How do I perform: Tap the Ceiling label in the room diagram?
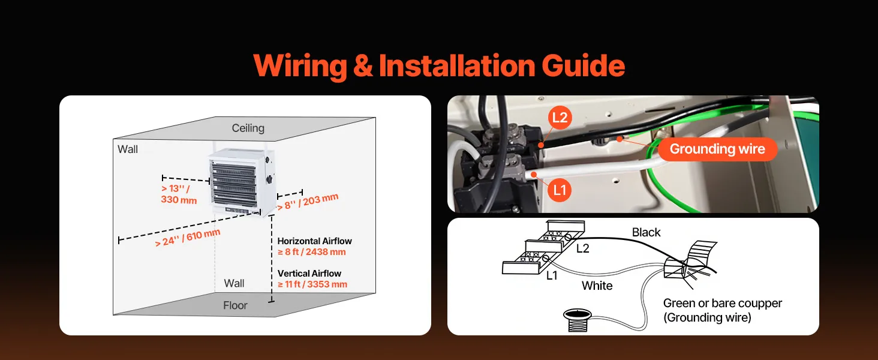pyautogui.click(x=248, y=128)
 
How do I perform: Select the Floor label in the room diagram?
pyautogui.click(x=235, y=305)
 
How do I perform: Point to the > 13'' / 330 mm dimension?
pyautogui.click(x=179, y=194)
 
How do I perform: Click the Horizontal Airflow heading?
pyautogui.click(x=314, y=241)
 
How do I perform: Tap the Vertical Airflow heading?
pyautogui.click(x=309, y=274)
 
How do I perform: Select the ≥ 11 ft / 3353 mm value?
pyautogui.click(x=312, y=284)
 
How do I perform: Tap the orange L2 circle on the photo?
pyautogui.click(x=559, y=118)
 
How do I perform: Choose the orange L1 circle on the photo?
pyautogui.click(x=559, y=190)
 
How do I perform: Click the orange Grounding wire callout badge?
pyautogui.click(x=717, y=149)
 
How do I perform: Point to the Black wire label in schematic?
pyautogui.click(x=646, y=233)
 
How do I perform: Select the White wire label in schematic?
pyautogui.click(x=597, y=286)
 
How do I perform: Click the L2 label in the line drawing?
pyautogui.click(x=582, y=248)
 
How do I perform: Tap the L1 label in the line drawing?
pyautogui.click(x=552, y=275)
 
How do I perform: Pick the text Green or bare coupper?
pyautogui.click(x=722, y=304)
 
